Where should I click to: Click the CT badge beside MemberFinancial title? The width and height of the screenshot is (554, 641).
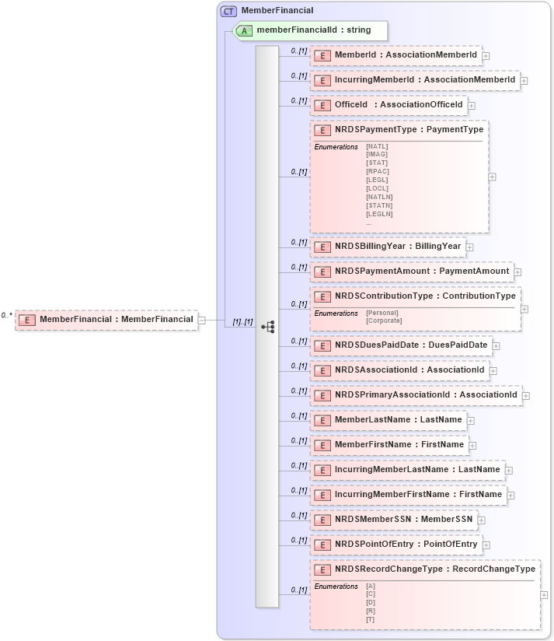tap(228, 11)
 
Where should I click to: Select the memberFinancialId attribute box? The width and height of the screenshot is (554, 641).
tap(311, 31)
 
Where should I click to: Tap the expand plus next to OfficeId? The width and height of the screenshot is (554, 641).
tap(472, 105)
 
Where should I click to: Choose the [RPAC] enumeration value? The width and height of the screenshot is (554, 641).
tap(378, 171)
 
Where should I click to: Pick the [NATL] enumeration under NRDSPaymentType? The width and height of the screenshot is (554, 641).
tap(377, 146)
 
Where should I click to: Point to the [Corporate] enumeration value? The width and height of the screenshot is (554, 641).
tap(384, 320)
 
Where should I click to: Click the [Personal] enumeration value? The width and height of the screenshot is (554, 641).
tap(382, 313)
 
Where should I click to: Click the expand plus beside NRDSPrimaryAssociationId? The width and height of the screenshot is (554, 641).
tap(527, 396)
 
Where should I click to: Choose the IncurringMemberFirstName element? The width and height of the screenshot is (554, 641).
tap(408, 495)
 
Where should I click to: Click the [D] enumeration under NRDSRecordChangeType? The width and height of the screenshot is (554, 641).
tap(371, 603)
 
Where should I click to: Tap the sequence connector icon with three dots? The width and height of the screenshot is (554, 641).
tap(268, 327)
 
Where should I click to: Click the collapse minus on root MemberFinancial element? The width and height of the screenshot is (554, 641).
tap(201, 320)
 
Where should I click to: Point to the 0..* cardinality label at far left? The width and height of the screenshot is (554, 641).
tap(7, 315)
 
